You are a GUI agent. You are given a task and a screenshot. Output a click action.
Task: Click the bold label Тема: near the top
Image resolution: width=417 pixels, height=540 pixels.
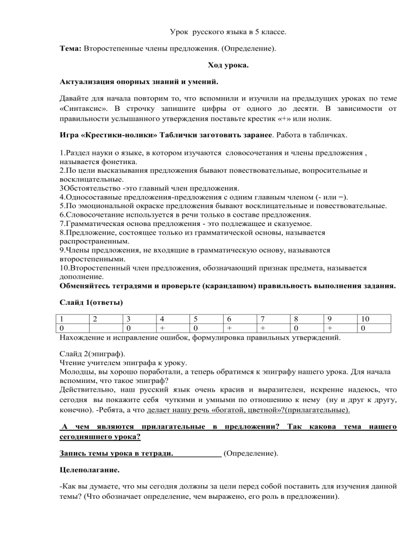(70, 49)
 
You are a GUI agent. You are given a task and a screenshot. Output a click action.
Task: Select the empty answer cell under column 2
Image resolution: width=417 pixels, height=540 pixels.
(105, 328)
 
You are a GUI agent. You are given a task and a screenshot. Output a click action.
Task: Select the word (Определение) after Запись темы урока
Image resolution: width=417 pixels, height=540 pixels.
(251, 452)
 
